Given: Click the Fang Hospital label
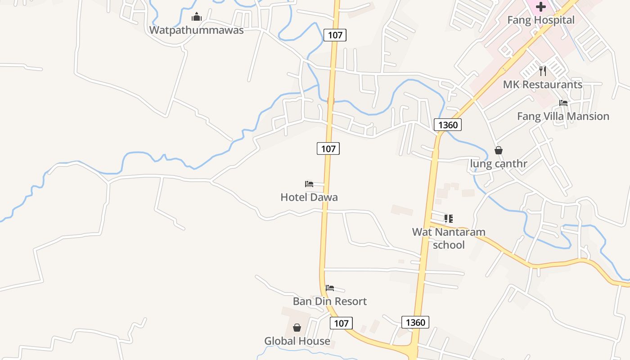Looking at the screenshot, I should click(x=540, y=20).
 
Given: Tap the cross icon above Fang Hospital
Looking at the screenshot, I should click(x=541, y=7).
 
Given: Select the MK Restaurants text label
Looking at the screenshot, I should click(x=542, y=85).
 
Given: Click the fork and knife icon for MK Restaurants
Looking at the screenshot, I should click(x=543, y=71).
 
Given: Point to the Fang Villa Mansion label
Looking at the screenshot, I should click(x=563, y=116).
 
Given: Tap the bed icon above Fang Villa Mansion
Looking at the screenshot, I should click(x=563, y=103).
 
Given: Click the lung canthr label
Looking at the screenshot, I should click(x=498, y=164).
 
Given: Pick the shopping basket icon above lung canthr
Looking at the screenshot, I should click(x=499, y=150).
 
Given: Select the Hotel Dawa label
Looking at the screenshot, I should click(x=309, y=197).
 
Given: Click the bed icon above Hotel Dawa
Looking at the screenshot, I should click(x=309, y=184).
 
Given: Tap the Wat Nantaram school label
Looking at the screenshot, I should click(x=449, y=238).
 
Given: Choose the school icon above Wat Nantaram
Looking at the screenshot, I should click(x=449, y=219).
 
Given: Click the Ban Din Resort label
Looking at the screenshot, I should click(x=329, y=301).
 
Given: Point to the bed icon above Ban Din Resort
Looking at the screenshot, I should click(x=330, y=288).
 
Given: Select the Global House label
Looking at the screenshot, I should click(x=297, y=341).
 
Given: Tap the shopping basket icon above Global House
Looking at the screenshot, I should click(x=297, y=328).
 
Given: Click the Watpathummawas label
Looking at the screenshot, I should click(x=196, y=30).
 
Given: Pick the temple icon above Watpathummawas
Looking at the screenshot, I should click(x=197, y=18).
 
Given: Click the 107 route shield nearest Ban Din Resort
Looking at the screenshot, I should click(x=341, y=323).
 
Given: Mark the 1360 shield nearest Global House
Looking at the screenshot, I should click(x=415, y=322).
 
